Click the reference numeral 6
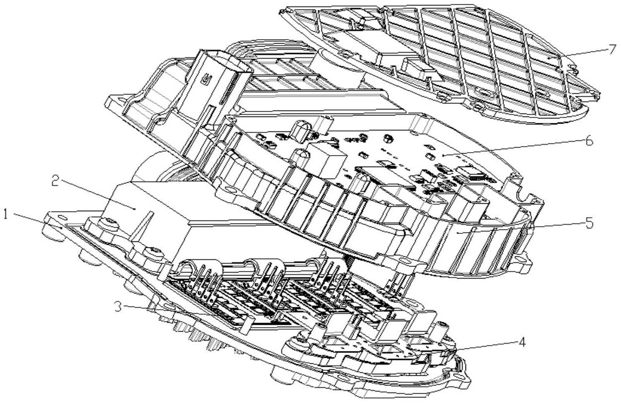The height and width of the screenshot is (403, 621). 588,140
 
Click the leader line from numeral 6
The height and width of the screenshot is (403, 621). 515,148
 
